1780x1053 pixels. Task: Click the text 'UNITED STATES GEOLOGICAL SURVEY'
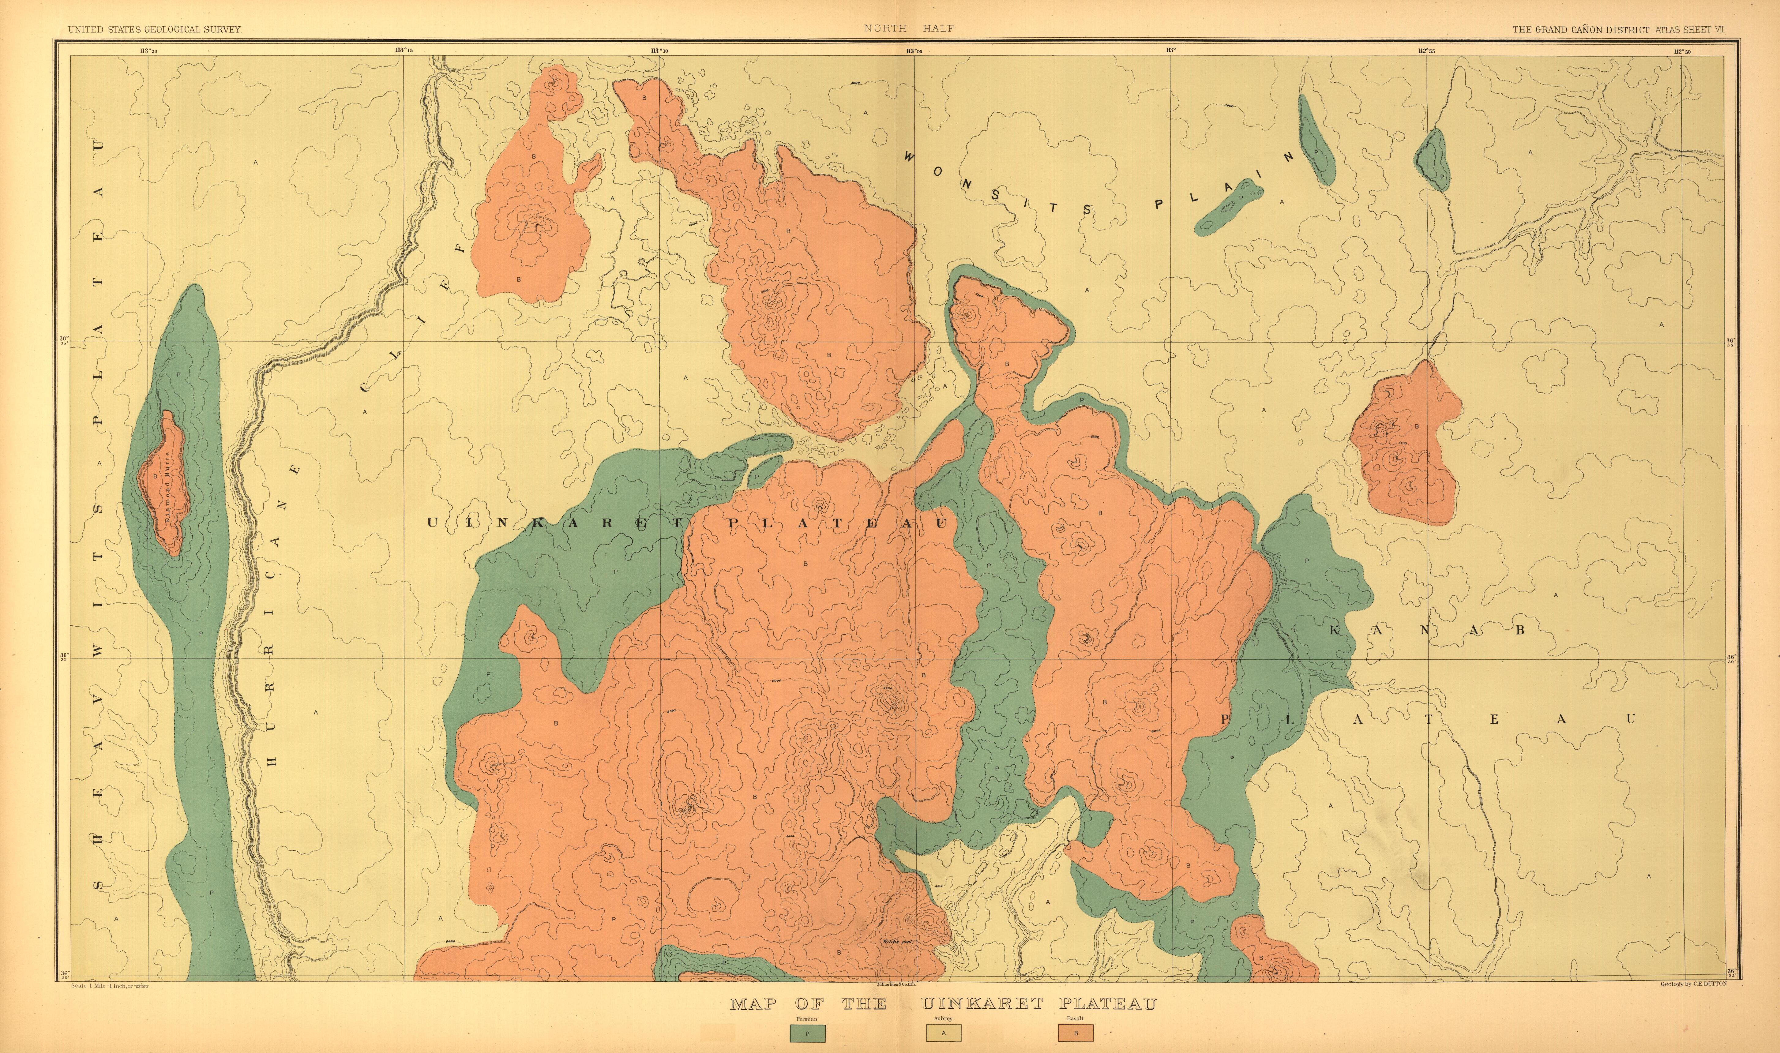point(155,29)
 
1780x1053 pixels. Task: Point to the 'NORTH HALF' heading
point(909,28)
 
